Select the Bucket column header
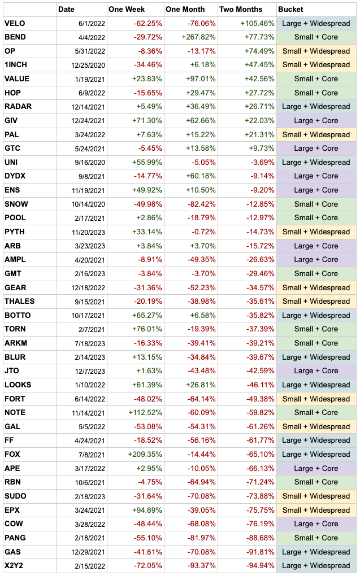(290, 10)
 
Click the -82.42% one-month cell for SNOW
(200, 204)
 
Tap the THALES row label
(19, 302)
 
